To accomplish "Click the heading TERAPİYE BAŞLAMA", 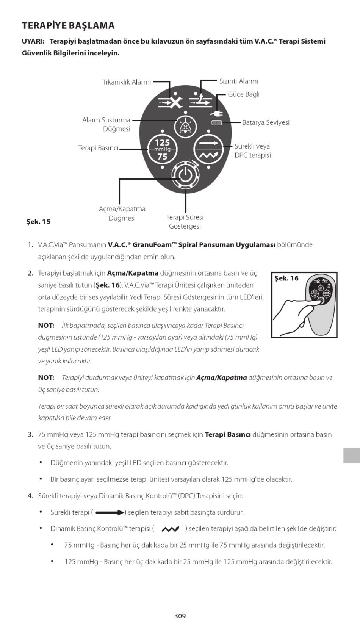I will point(68,26).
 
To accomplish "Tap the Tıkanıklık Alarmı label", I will point(127,82).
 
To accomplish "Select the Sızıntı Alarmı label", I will point(238,81).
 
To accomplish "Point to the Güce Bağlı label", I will point(243,94).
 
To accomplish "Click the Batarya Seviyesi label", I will point(266,122).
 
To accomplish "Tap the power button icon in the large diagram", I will point(185,175).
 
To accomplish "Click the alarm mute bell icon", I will point(185,127).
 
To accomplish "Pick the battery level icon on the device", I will point(217,122).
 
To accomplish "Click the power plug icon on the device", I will point(217,113).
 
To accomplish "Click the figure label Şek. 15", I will point(38,222).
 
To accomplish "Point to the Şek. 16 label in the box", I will point(286,278).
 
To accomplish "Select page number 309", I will point(180,616).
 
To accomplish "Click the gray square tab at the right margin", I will point(351,455).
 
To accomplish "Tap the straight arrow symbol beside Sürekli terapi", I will point(110,513).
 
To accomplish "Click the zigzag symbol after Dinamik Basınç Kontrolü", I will point(170,529).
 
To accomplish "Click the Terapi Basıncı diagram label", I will point(98,148).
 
